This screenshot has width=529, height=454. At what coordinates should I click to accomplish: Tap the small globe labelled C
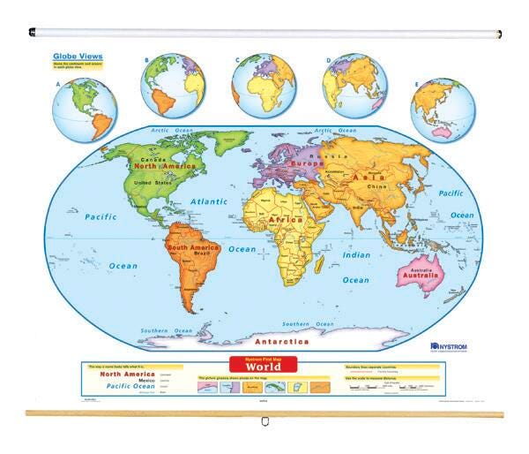point(263,87)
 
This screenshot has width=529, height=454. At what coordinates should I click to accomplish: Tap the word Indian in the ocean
point(356,254)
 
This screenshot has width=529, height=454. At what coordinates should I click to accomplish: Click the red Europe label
point(307,164)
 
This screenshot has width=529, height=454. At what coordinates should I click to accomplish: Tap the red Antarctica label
point(282,339)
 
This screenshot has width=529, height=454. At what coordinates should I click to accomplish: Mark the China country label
point(377,187)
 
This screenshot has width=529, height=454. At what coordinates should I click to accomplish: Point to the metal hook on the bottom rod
point(264,422)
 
